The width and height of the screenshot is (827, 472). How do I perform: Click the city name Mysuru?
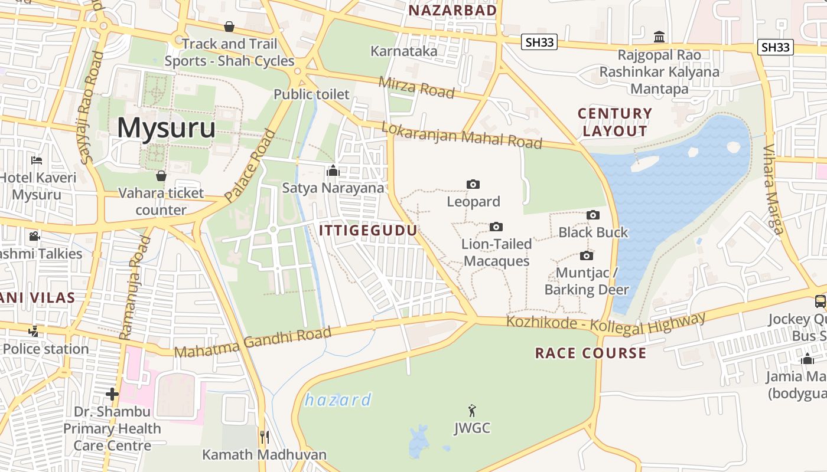pos(166,128)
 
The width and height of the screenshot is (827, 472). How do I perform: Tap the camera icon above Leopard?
pos(473,185)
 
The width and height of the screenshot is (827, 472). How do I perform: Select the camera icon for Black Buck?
pos(593,215)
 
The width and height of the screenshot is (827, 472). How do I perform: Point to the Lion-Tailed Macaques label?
pos(496,253)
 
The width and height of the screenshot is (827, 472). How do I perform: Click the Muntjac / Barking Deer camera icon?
pos(587,255)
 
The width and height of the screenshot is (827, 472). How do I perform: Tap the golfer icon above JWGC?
pos(471,411)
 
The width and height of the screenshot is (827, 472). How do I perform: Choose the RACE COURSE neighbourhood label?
pos(591,353)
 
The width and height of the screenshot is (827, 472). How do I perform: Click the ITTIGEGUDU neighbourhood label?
pos(369,231)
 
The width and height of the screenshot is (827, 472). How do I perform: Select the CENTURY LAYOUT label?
pos(615,122)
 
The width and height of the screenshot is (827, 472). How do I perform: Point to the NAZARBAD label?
pos(453,11)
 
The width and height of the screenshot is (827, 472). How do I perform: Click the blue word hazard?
pos(338,400)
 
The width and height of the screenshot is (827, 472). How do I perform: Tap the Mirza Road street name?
pos(416,88)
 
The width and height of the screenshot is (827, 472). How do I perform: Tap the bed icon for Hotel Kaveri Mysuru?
pos(37,160)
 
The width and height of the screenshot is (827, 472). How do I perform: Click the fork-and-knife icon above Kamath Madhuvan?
pos(265,437)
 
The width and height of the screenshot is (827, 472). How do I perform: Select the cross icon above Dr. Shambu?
pos(112,394)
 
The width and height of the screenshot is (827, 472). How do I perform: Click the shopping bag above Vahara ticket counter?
pos(161,176)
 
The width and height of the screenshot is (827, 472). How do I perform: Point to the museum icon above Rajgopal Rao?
pos(659,37)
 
